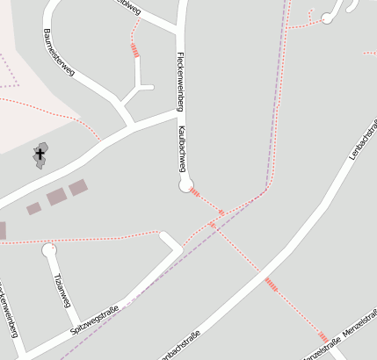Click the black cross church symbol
tap(40, 154)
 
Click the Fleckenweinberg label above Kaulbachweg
tap(179, 79)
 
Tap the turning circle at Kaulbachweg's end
tap(185, 185)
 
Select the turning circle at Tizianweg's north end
tap(48, 249)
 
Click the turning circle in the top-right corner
tap(327, 17)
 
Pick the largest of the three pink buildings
tap(56, 196)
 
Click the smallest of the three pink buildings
tap(33, 209)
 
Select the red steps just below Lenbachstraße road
tap(270, 283)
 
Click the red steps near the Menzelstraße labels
tap(323, 337)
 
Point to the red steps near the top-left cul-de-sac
tap(134, 49)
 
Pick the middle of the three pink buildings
tap(78, 187)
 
